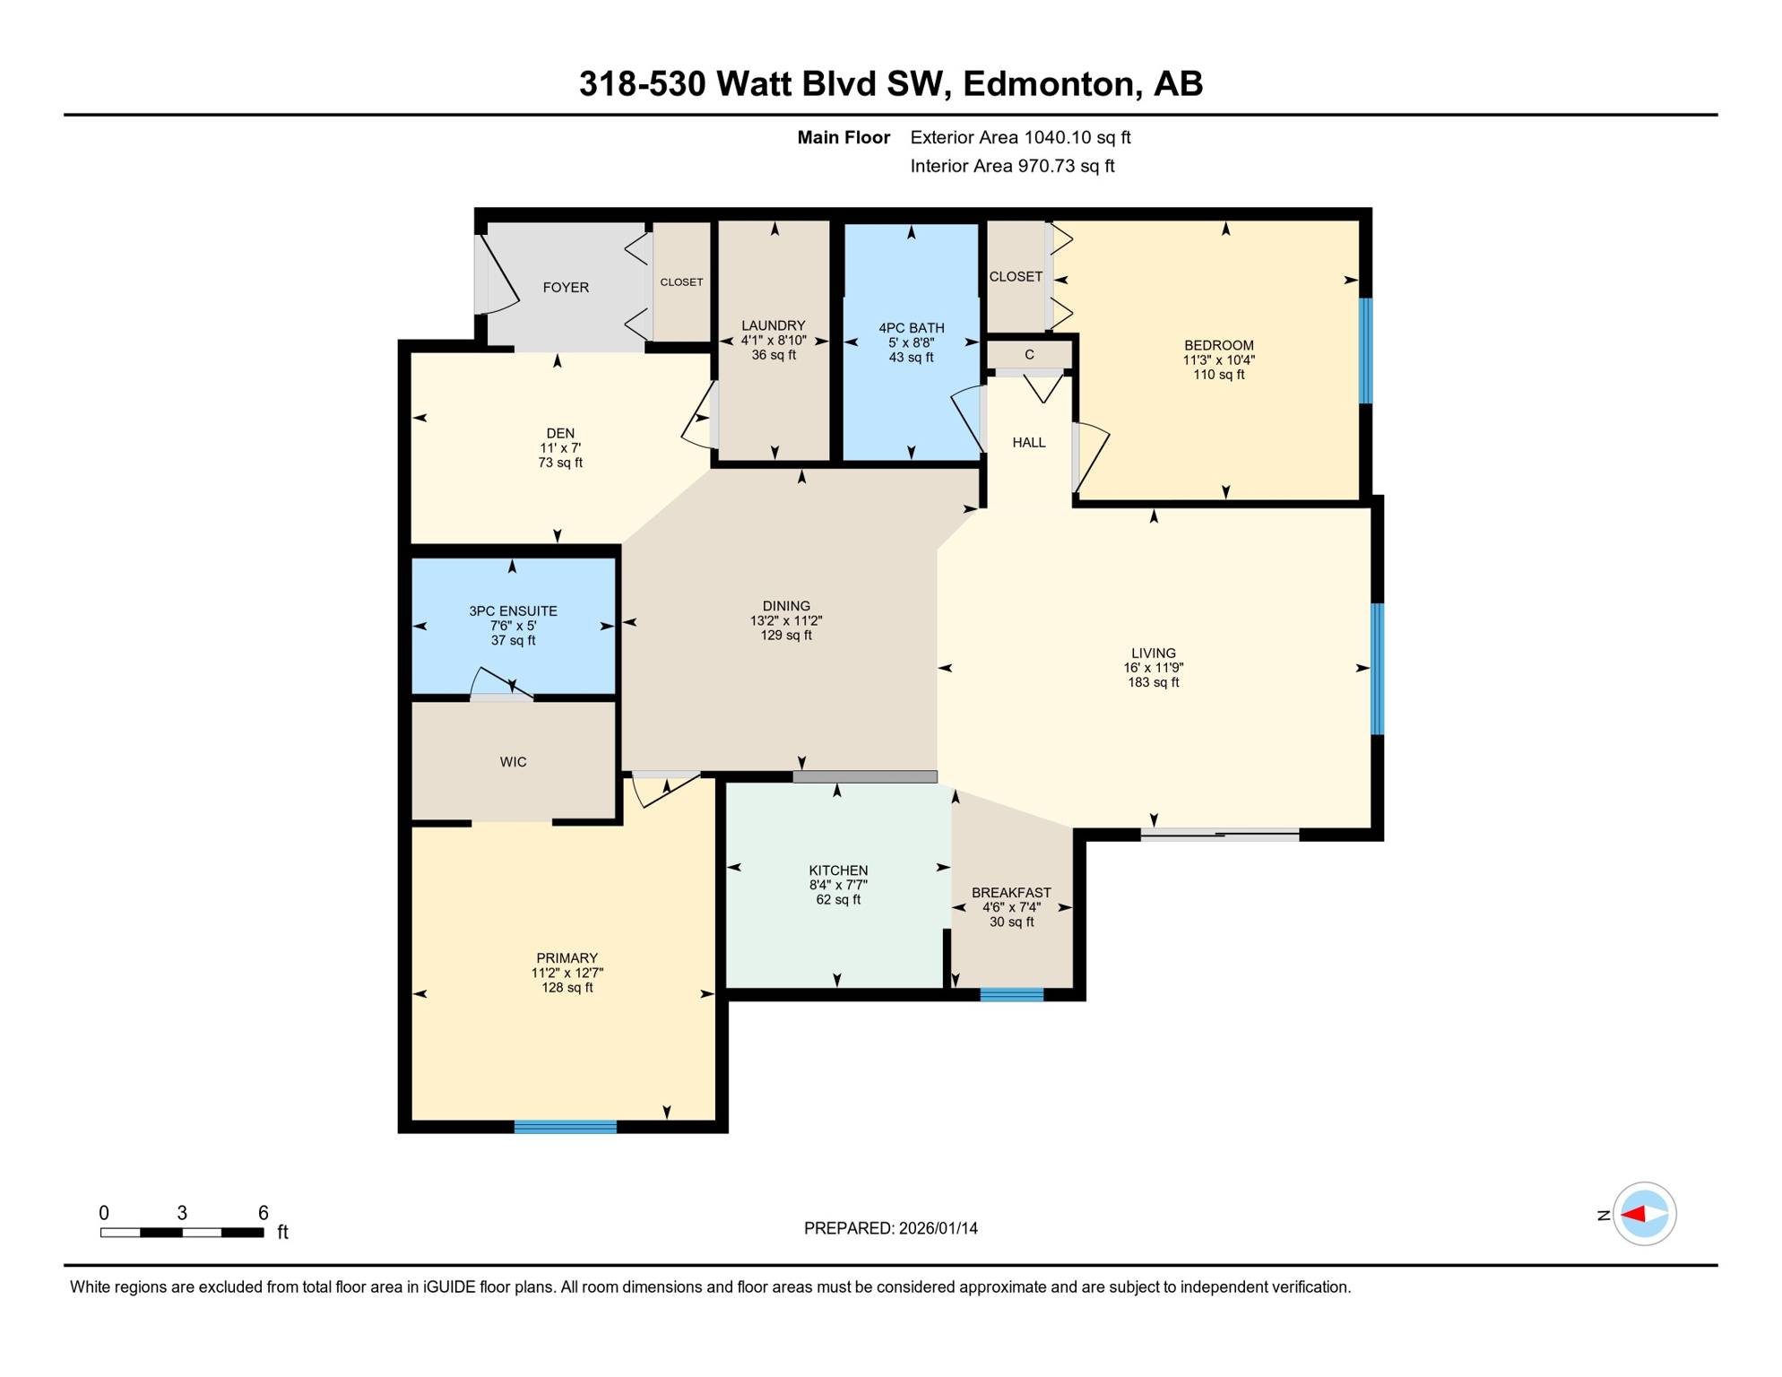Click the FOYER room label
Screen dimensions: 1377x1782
pos(566,288)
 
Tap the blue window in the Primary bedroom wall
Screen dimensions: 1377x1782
pos(565,1127)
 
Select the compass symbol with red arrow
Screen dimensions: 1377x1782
pos(1644,1214)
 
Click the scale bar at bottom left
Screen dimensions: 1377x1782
pos(182,1233)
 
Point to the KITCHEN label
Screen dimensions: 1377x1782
pos(838,870)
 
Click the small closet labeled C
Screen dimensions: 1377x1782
pos(1029,355)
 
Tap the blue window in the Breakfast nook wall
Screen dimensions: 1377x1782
pos(1011,994)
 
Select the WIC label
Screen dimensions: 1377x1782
pos(513,762)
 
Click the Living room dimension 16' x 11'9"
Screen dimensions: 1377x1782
pos(1153,668)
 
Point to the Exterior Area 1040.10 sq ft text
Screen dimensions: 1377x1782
pos(1020,137)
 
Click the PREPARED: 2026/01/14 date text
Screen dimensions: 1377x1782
pos(890,1228)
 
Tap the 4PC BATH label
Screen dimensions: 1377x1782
pos(911,328)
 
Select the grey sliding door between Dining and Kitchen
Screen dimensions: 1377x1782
pos(865,777)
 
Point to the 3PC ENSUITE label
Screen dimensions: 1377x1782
pos(513,611)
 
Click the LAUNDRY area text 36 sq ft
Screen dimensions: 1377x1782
pos(774,355)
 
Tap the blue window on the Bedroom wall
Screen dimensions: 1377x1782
pos(1365,351)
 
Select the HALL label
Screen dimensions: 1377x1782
pos(1029,442)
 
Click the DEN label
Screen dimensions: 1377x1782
pos(560,433)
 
